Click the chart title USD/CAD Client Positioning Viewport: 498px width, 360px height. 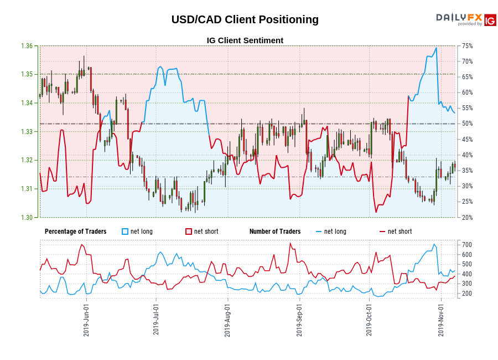(x=245, y=19)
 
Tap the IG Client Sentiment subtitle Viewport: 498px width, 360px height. (x=245, y=40)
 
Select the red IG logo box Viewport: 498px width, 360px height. (x=490, y=20)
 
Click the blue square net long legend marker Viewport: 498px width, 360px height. (x=125, y=232)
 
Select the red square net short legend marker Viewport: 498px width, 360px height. (x=189, y=232)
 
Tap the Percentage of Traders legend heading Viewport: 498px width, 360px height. (x=76, y=232)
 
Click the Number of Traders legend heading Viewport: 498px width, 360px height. (x=275, y=232)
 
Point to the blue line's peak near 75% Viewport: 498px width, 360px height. (x=437, y=48)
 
